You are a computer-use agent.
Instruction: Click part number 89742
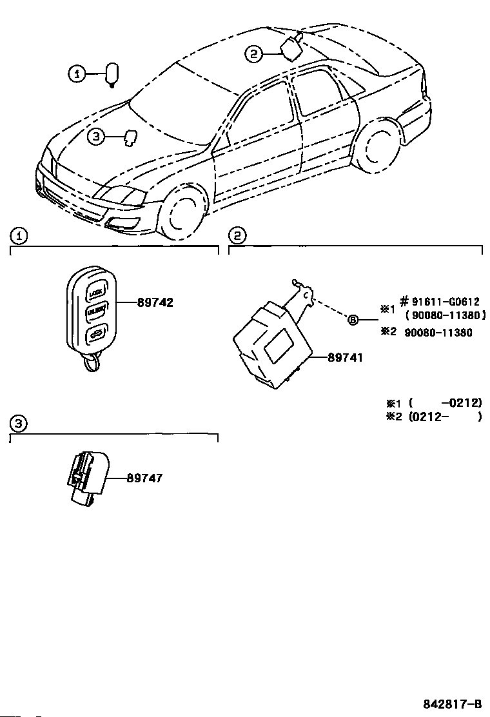(x=155, y=302)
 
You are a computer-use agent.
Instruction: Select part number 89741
(x=345, y=357)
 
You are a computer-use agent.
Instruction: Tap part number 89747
(x=144, y=478)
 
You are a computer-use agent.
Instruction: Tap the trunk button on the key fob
(x=95, y=334)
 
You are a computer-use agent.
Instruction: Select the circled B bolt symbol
(x=353, y=320)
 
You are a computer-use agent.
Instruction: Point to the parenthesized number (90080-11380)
(x=446, y=317)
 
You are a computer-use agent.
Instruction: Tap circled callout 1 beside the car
(x=77, y=75)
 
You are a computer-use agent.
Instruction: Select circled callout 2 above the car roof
(x=253, y=55)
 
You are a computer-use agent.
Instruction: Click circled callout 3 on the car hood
(x=95, y=136)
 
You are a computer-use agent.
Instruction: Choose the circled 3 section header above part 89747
(x=19, y=423)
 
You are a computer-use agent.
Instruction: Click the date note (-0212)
(x=446, y=402)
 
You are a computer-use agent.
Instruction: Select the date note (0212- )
(x=445, y=417)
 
